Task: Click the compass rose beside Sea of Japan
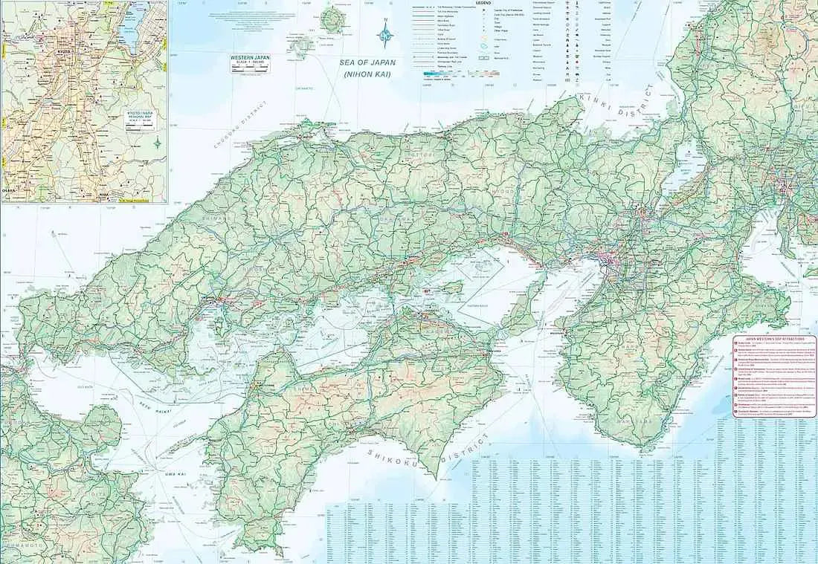tap(385, 32)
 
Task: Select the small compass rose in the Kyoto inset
tap(157, 142)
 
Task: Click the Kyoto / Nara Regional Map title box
tap(141, 118)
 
